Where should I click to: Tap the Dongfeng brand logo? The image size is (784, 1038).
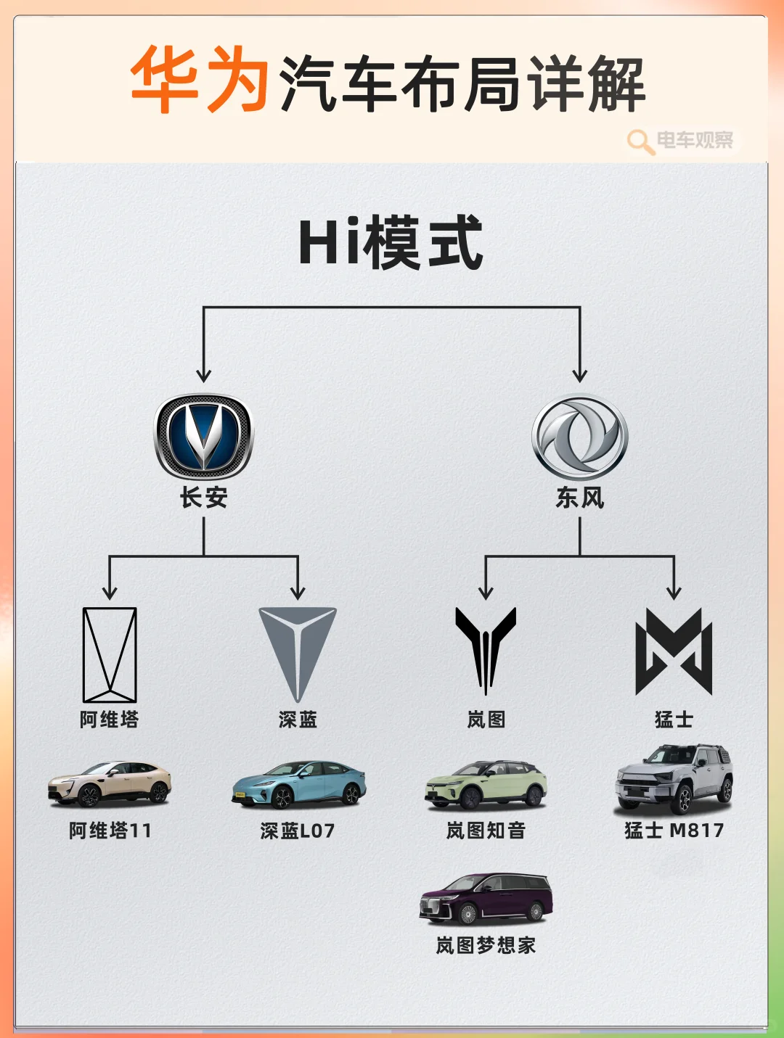pyautogui.click(x=580, y=437)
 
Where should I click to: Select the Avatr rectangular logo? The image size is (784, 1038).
pyautogui.click(x=110, y=655)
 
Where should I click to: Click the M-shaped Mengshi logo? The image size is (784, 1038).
pyautogui.click(x=674, y=651)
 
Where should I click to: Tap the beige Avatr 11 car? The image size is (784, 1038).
pyautogui.click(x=110, y=784)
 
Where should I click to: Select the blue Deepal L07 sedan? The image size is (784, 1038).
pyautogui.click(x=298, y=785)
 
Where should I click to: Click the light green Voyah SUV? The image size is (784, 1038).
pyautogui.click(x=486, y=785)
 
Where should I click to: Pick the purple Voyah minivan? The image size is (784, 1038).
pyautogui.click(x=486, y=899)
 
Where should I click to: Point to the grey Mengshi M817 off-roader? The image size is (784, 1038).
pyautogui.click(x=674, y=779)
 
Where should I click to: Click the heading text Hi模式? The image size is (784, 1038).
pyautogui.click(x=391, y=243)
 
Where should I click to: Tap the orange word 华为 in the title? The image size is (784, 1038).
pyautogui.click(x=200, y=81)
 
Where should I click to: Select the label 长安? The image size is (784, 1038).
pyautogui.click(x=204, y=498)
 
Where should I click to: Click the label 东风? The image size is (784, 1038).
pyautogui.click(x=580, y=498)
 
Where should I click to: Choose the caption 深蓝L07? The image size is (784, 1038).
pyautogui.click(x=298, y=831)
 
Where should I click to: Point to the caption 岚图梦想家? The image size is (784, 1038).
pyautogui.click(x=486, y=945)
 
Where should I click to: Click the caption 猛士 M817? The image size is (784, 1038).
pyautogui.click(x=674, y=830)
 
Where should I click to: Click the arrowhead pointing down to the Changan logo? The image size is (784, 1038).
pyautogui.click(x=204, y=375)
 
